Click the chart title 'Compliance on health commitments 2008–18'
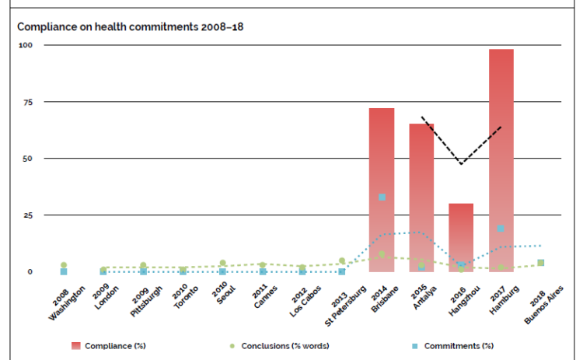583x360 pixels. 131,26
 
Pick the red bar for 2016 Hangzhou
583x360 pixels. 462,237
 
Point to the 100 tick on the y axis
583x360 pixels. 26,45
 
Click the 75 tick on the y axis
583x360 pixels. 26,102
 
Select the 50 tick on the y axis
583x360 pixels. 26,159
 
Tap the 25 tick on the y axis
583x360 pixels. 26,215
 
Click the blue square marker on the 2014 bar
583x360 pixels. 382,197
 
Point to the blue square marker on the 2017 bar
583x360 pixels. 501,228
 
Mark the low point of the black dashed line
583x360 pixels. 462,164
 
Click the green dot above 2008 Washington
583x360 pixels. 64,265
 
